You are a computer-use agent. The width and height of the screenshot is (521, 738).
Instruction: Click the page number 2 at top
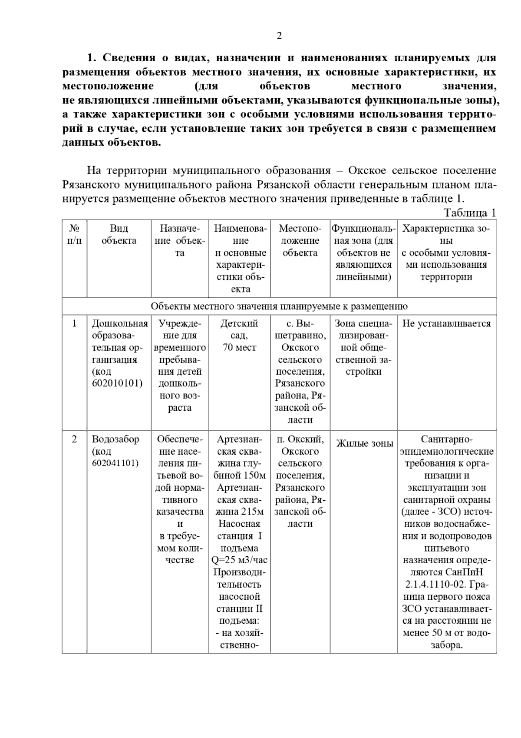click(x=279, y=36)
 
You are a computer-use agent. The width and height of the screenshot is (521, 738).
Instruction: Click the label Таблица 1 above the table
click(x=469, y=213)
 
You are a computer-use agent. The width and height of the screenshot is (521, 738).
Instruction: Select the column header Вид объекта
click(x=119, y=235)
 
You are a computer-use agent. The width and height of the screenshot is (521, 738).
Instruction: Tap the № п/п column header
click(x=74, y=235)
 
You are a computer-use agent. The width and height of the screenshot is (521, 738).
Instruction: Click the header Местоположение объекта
click(x=300, y=241)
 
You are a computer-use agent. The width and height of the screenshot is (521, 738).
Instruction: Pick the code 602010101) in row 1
click(x=117, y=384)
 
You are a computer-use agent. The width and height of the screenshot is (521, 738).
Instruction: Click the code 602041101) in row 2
click(x=115, y=463)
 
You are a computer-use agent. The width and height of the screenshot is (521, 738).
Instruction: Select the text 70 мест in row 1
click(x=239, y=348)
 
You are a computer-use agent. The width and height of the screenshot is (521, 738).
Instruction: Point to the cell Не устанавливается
click(x=446, y=323)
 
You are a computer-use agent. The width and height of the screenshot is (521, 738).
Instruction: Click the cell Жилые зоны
click(x=364, y=443)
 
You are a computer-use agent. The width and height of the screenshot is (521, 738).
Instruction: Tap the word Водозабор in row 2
click(x=115, y=439)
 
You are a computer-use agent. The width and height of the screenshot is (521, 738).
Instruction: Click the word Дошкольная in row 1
click(x=119, y=323)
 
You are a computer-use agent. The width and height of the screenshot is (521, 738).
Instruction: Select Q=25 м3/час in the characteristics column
click(x=239, y=560)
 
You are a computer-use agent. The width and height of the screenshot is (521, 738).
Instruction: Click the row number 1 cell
click(x=74, y=323)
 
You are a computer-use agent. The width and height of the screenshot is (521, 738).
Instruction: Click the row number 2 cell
click(x=74, y=439)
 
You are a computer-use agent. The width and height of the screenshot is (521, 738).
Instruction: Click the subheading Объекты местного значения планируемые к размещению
click(x=279, y=306)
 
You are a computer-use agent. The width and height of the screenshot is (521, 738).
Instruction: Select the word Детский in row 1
click(x=239, y=323)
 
